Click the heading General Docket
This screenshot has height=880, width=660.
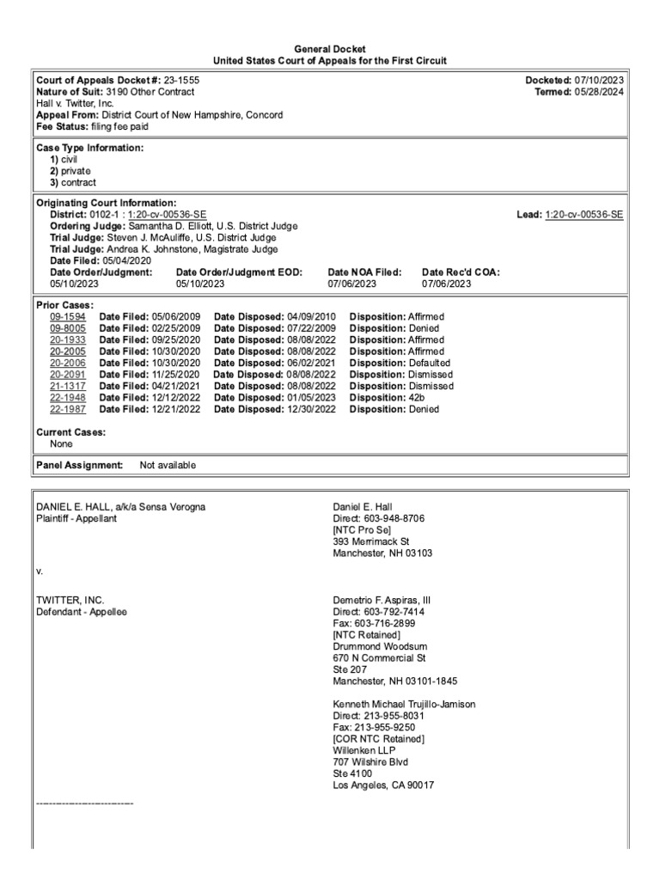point(330,50)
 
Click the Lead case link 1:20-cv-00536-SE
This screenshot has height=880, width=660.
point(584,215)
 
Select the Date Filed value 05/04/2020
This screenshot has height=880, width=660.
point(126,260)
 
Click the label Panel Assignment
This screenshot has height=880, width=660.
point(80,465)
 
